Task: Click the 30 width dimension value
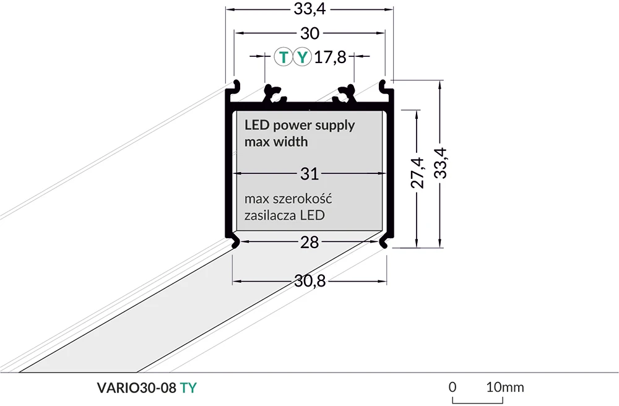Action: pyautogui.click(x=309, y=33)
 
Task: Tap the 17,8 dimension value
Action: pyautogui.click(x=330, y=58)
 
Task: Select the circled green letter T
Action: pyautogui.click(x=284, y=57)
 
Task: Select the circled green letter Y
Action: pyautogui.click(x=302, y=57)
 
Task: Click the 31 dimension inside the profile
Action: pyautogui.click(x=309, y=174)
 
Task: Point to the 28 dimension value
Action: pyautogui.click(x=309, y=242)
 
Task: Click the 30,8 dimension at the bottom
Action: pyautogui.click(x=310, y=282)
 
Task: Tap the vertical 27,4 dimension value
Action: pyautogui.click(x=418, y=173)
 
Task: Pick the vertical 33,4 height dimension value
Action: pyautogui.click(x=441, y=163)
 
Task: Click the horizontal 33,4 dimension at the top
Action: pyautogui.click(x=309, y=9)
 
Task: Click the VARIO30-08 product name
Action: pyautogui.click(x=137, y=388)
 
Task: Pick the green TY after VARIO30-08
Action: pyautogui.click(x=188, y=388)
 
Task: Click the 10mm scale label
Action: pyautogui.click(x=505, y=387)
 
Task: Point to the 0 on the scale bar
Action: pyautogui.click(x=452, y=387)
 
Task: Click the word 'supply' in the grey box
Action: pyautogui.click(x=335, y=126)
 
